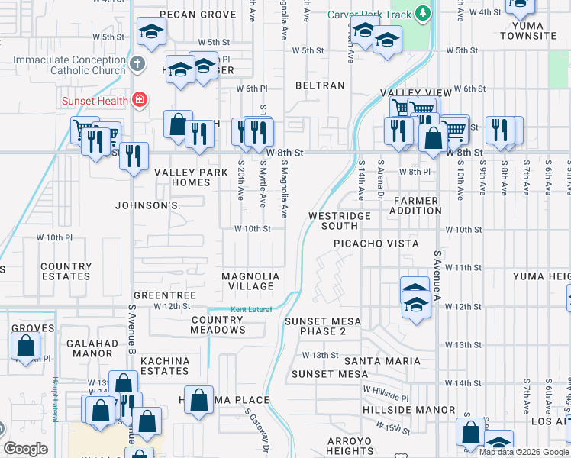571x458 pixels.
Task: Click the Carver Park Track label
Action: click(369, 15)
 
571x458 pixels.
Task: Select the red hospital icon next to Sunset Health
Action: click(139, 98)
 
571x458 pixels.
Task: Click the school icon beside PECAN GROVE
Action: click(150, 33)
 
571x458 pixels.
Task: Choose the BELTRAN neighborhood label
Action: click(320, 86)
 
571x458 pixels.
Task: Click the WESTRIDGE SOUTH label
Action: click(339, 221)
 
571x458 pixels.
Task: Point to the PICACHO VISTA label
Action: click(376, 244)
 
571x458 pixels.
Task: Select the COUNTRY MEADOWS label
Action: click(218, 324)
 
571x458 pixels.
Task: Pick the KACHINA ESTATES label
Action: click(165, 365)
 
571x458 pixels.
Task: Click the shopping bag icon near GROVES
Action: click(25, 346)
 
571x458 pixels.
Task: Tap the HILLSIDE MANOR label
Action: click(420, 410)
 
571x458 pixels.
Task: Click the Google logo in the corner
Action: click(25, 449)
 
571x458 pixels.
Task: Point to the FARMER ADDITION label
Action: click(416, 205)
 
